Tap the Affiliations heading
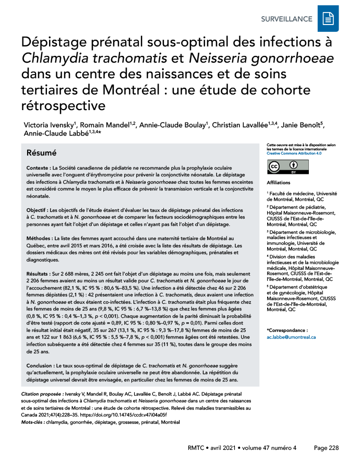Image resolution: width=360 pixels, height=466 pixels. (x=279, y=183)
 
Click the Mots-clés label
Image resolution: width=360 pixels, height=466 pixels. (x=32, y=422)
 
